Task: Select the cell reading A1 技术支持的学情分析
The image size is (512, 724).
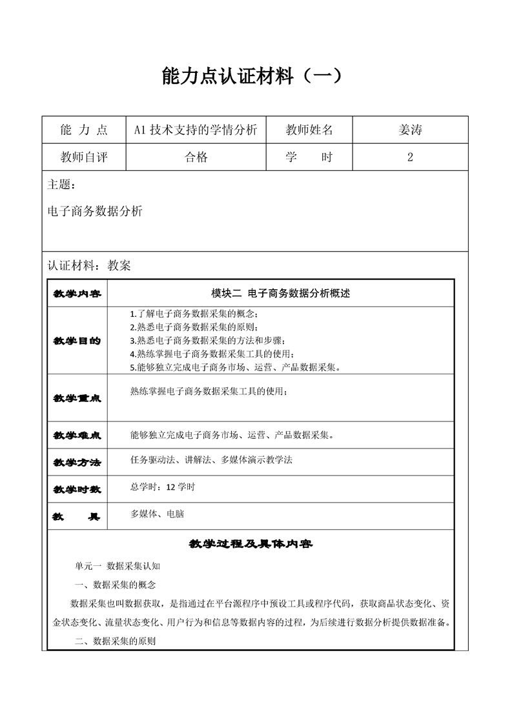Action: coord(196,130)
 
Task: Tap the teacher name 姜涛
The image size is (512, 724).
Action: coord(410,130)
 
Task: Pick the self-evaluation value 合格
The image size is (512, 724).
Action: coord(196,157)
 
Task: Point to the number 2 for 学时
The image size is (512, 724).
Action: coord(410,157)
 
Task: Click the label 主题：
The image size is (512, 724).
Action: coord(61,185)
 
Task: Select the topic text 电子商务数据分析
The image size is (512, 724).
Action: coord(95,210)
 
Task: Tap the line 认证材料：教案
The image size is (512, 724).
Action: coord(89,265)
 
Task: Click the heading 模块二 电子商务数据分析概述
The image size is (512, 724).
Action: coord(280,293)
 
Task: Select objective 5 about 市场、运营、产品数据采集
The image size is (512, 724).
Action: coord(235,368)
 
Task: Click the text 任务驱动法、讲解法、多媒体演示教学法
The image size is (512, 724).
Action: coord(211,460)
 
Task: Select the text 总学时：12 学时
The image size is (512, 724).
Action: coord(162,487)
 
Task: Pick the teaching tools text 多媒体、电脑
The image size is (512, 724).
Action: coord(158,514)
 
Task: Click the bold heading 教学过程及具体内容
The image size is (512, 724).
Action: coord(251,544)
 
